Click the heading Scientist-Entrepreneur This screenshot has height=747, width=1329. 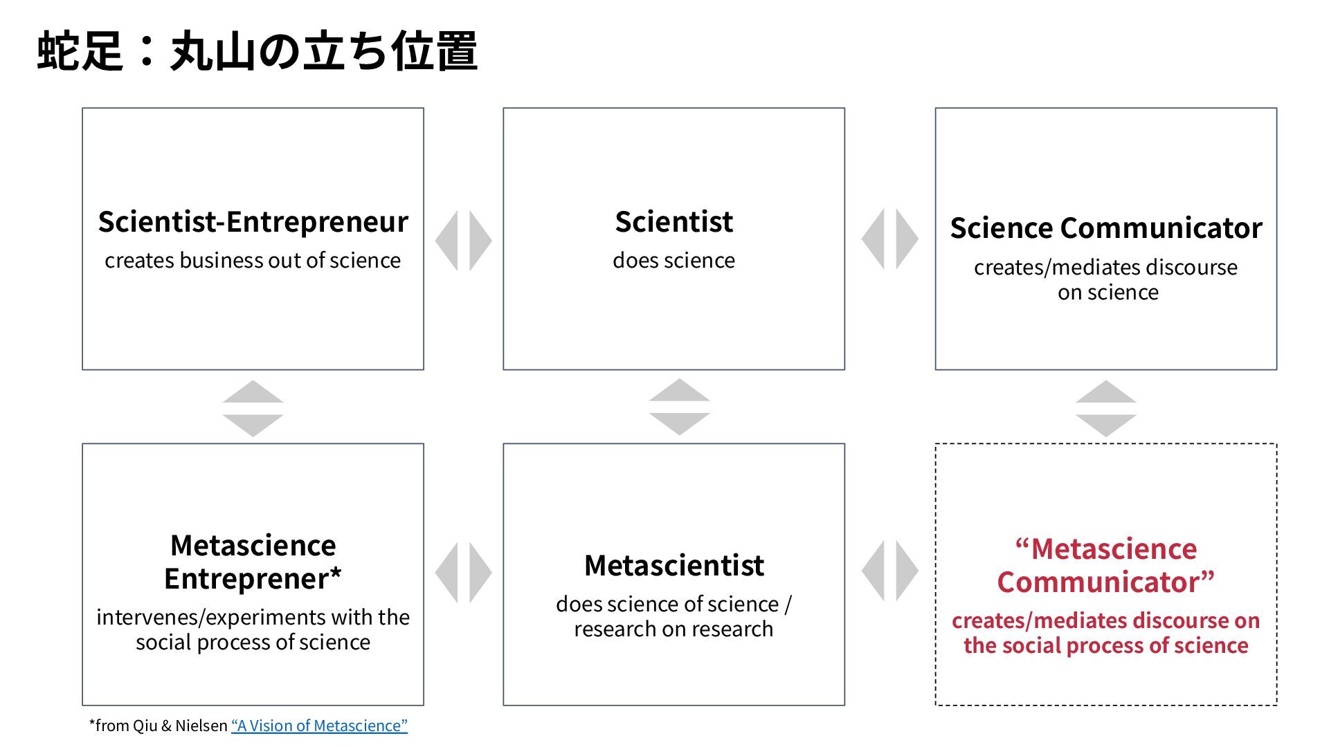coord(253,222)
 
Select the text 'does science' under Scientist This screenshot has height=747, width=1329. coord(673,261)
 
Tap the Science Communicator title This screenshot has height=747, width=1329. coord(1105,228)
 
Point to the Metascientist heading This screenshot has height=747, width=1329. coord(673,566)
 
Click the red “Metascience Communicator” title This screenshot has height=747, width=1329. coord(1105,566)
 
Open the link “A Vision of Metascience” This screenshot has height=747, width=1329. coord(319,726)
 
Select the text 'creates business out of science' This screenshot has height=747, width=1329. coord(253,261)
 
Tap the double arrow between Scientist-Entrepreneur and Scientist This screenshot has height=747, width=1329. coord(463,240)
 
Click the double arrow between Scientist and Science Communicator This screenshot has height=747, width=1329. coord(889,239)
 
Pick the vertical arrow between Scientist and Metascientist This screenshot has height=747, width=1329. coord(679,407)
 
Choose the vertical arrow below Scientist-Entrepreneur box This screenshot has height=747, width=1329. coord(253,408)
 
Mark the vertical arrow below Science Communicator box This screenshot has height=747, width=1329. coord(1105,408)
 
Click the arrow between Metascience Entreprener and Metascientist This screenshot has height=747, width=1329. coord(463,572)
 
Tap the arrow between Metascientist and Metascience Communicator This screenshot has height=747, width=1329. coord(889,571)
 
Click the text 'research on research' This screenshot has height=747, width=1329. coord(673,629)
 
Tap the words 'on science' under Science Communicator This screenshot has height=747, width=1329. coord(1107,293)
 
